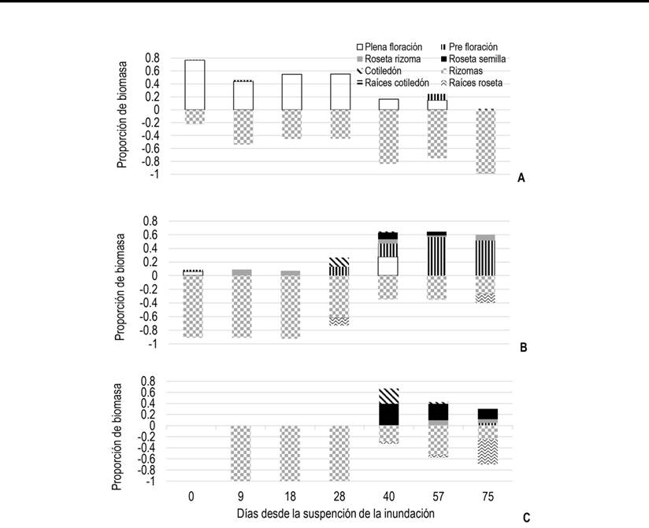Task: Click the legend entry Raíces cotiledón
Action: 396,83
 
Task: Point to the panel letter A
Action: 521,179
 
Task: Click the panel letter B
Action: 523,346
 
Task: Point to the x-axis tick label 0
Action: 191,497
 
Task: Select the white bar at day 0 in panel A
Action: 194,85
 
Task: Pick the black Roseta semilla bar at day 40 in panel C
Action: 388,414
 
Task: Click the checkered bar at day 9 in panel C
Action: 243,452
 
